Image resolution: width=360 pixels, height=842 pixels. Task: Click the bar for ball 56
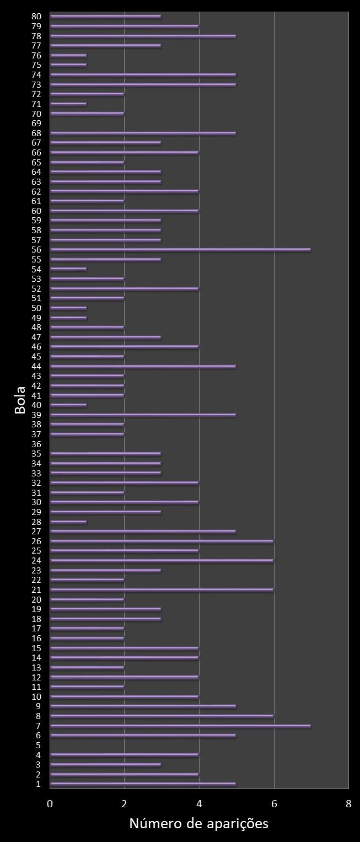(180, 250)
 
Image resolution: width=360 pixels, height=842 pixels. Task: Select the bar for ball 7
(180, 726)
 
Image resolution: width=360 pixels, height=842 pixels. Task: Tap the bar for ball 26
(162, 541)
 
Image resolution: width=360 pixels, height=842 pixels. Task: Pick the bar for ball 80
(105, 17)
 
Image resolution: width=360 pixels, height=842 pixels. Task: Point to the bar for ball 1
(143, 784)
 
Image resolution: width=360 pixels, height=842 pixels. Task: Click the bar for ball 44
(143, 366)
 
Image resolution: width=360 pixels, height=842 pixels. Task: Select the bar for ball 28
(68, 522)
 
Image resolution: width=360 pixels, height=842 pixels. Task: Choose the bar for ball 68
(143, 133)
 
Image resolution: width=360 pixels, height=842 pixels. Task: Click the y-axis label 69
(37, 124)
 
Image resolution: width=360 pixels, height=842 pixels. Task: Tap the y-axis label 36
(37, 444)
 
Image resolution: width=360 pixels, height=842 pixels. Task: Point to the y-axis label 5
(39, 745)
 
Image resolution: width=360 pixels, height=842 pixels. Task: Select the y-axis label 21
(37, 589)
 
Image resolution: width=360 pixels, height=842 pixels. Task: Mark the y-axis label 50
(37, 308)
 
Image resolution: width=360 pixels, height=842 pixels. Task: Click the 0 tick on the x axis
(50, 803)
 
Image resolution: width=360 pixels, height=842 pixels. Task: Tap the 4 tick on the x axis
(199, 803)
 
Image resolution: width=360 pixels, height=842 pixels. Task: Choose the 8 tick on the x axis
(348, 803)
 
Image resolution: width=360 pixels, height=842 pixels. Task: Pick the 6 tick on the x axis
(274, 803)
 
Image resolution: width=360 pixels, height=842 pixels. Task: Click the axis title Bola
(20, 400)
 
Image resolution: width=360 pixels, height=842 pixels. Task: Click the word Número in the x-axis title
(153, 824)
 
